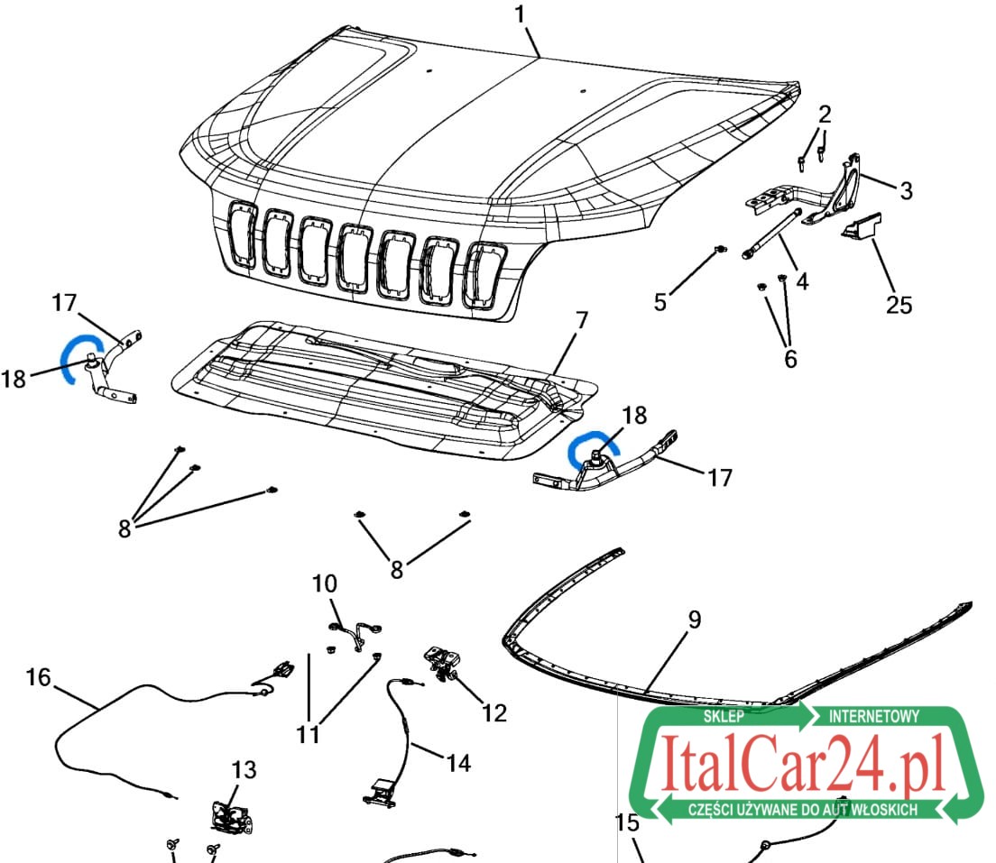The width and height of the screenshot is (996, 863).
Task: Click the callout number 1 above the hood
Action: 521,14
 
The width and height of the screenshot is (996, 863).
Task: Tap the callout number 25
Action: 899,305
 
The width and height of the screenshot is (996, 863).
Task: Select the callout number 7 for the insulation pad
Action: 581,321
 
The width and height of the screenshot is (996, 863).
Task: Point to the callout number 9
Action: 695,620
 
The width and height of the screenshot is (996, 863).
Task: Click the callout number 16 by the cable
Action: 38,677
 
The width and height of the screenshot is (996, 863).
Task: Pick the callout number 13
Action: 244,769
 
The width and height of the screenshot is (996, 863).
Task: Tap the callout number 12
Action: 494,713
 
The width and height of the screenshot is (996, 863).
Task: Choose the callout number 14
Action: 458,763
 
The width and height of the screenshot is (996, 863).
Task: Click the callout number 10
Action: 325,583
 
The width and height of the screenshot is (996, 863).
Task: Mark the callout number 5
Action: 660,302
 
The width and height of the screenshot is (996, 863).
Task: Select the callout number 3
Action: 907,190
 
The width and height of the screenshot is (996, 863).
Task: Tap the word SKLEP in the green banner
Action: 724,716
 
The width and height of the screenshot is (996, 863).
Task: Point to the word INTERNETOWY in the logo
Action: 874,716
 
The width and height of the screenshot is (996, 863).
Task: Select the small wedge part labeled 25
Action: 862,226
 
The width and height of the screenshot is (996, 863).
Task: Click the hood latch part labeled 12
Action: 443,664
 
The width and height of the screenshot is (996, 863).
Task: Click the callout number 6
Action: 790,359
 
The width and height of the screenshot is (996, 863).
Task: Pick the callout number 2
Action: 825,115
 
